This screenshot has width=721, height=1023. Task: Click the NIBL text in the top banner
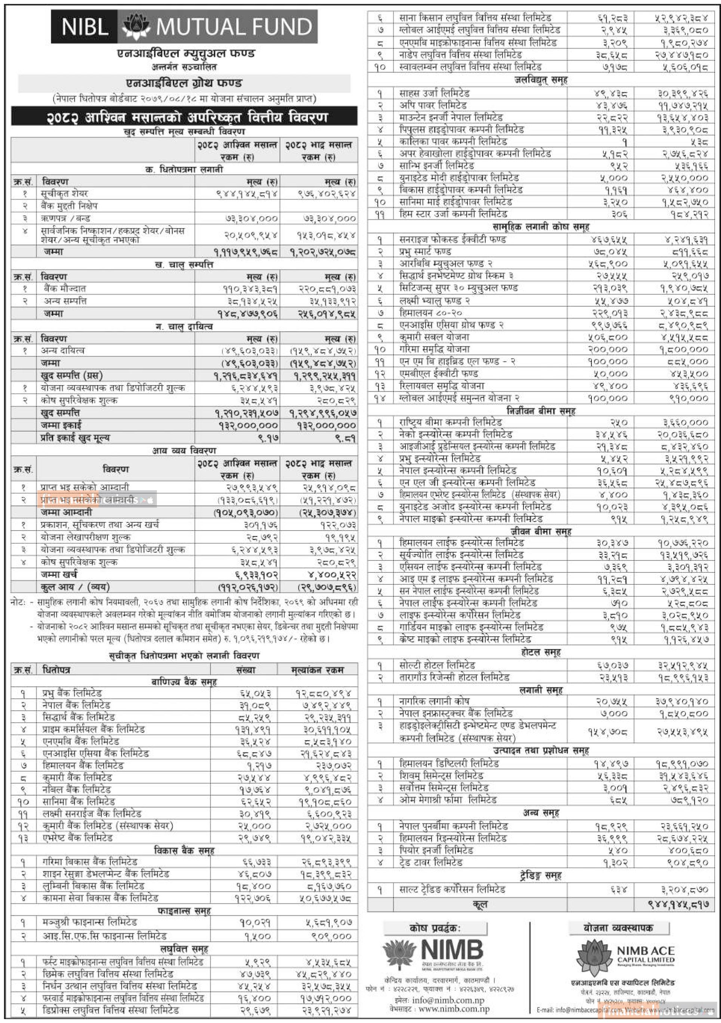[85, 27]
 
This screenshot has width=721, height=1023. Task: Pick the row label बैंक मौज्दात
[64, 289]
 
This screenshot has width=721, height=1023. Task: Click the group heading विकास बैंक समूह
[183, 850]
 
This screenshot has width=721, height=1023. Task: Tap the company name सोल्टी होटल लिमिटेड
[437, 665]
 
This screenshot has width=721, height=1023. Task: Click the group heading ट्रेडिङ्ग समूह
[540, 875]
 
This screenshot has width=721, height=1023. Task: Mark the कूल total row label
[481, 904]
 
